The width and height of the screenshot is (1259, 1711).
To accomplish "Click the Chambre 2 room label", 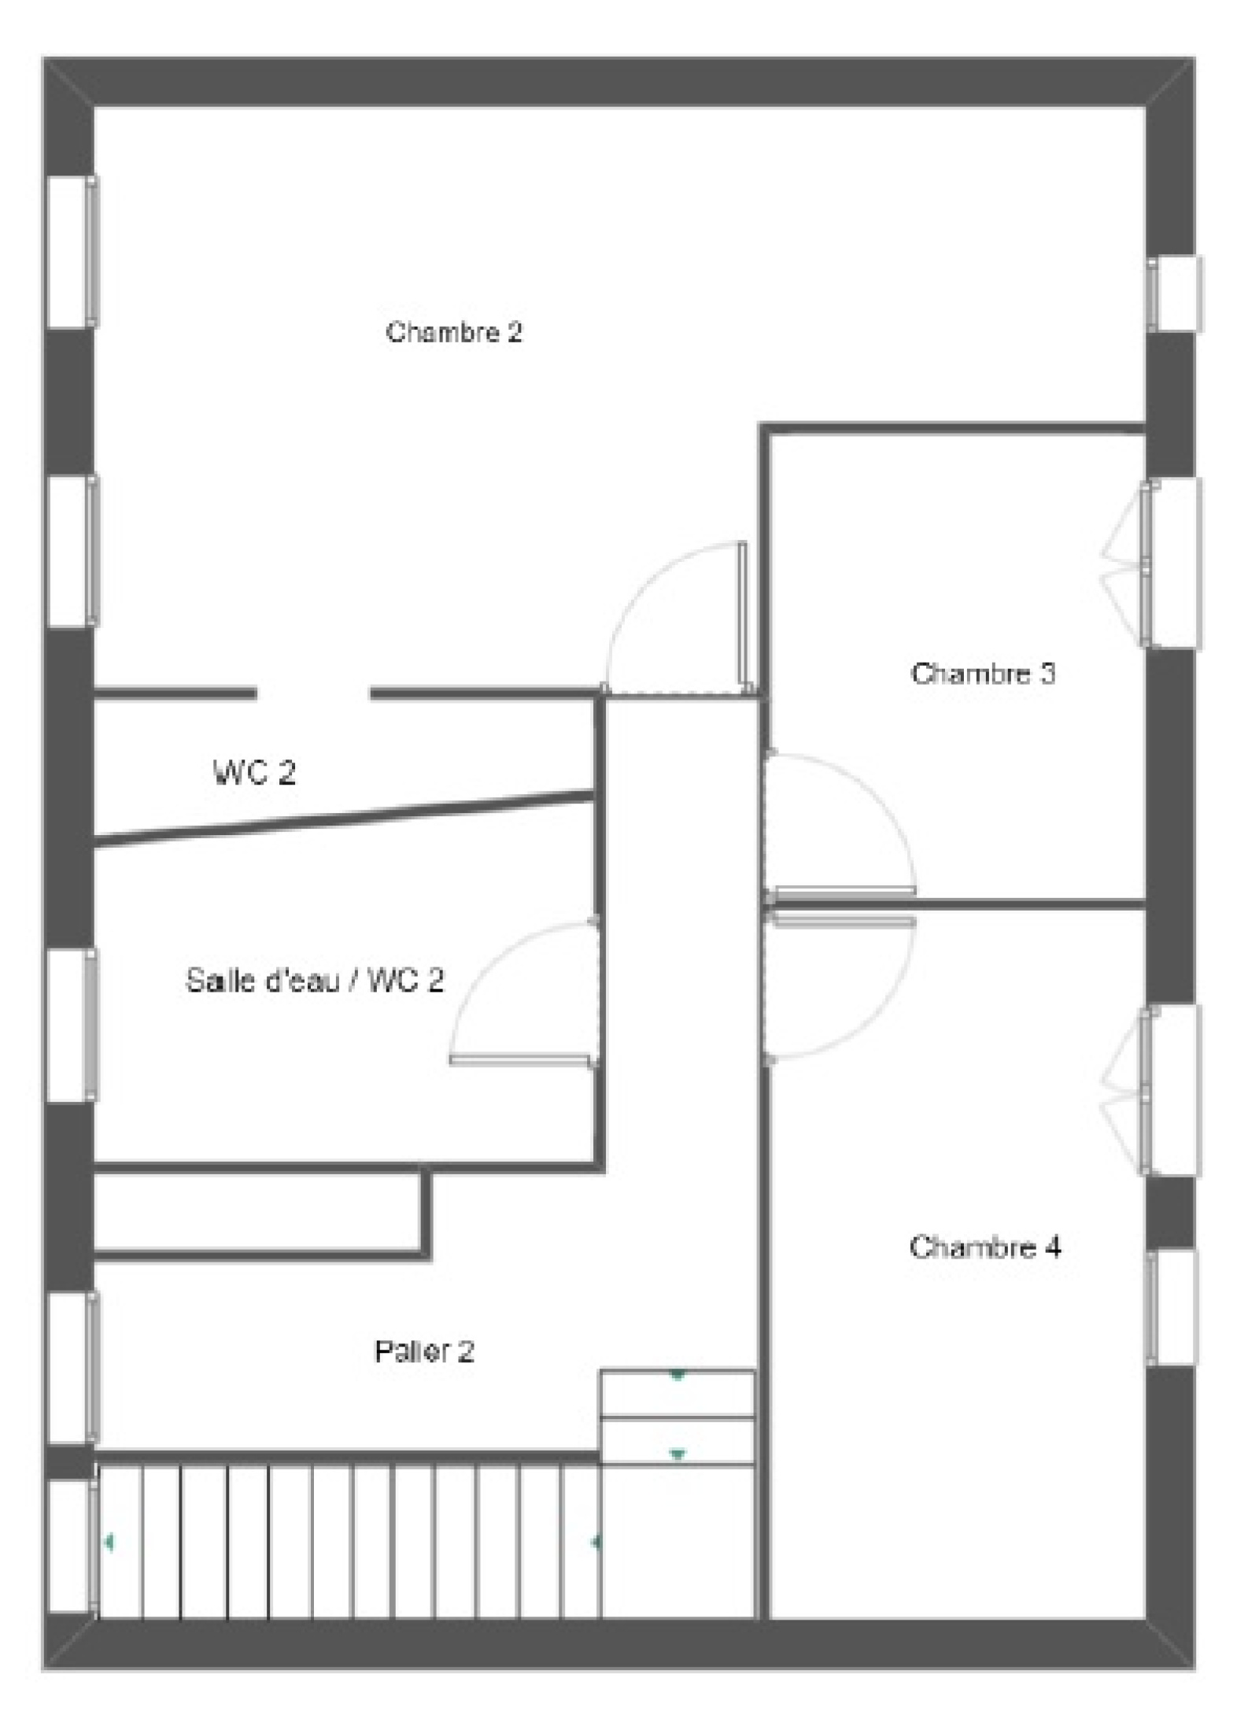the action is click(x=454, y=332).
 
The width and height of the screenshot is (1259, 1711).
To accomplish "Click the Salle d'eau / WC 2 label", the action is click(x=315, y=981).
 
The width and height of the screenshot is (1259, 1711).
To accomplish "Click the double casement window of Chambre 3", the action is click(x=1154, y=564).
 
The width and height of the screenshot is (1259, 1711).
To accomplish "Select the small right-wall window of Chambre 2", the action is click(x=1174, y=294).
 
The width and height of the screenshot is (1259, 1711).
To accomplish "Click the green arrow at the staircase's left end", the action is click(x=108, y=1543).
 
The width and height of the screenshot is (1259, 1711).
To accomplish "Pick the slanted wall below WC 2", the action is click(x=344, y=819).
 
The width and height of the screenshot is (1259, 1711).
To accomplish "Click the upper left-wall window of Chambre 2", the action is click(x=72, y=252).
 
